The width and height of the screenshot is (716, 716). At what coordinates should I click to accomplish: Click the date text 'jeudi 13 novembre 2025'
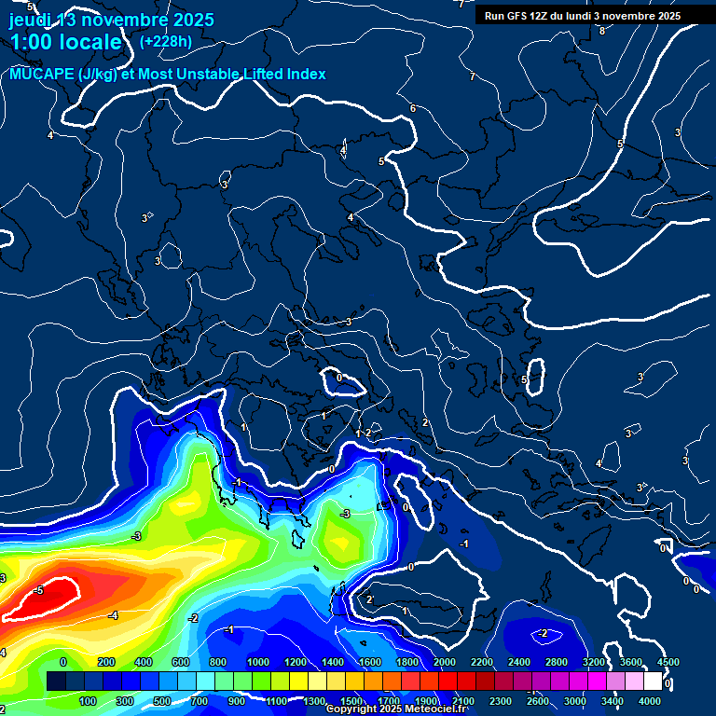(x=112, y=20)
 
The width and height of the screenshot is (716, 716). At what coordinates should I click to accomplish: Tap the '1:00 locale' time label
(x=66, y=42)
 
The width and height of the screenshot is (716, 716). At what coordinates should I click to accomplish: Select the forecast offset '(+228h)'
(x=166, y=41)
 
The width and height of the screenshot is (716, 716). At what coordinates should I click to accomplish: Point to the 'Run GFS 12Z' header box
(x=583, y=16)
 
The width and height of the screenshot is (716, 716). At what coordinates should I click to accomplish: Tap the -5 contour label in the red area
(x=38, y=591)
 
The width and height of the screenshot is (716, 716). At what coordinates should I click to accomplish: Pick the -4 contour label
(x=113, y=615)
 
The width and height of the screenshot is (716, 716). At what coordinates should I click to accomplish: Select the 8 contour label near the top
(x=602, y=31)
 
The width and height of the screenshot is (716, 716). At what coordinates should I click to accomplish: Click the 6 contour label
(x=413, y=109)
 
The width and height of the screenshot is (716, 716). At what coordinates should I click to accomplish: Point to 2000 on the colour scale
(x=445, y=662)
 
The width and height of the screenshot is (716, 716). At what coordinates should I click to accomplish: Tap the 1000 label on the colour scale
(x=257, y=662)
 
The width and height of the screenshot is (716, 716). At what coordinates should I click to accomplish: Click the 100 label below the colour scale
(x=89, y=701)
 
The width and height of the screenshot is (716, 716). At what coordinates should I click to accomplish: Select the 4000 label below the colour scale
(x=651, y=701)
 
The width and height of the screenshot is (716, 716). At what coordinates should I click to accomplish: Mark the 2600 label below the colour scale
(x=538, y=701)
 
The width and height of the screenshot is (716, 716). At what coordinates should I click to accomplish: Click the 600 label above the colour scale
(x=183, y=662)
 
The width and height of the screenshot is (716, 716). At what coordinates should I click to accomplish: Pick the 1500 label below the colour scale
(x=351, y=701)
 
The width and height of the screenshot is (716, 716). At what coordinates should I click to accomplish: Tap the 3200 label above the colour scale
(x=594, y=662)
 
